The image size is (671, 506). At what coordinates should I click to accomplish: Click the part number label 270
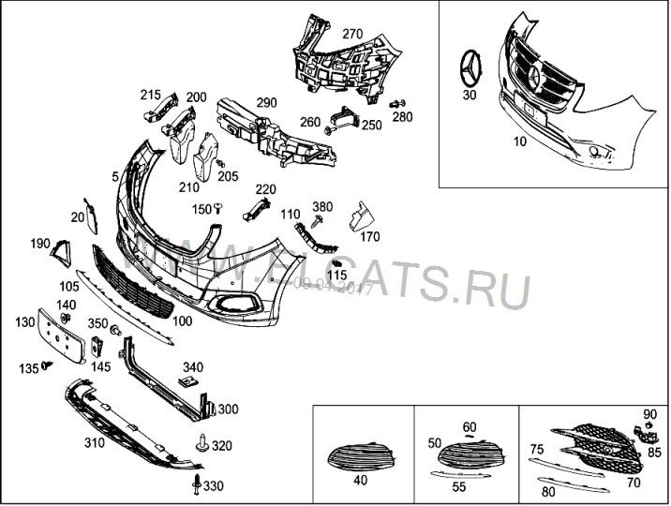point(351,34)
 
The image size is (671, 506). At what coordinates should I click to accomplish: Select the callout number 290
point(267,102)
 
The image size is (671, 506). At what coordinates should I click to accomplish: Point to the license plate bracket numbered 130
point(64,335)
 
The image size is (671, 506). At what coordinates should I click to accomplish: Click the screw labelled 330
point(195,484)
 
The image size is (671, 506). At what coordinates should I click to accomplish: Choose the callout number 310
point(94,442)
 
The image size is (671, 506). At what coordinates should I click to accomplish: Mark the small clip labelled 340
point(187,382)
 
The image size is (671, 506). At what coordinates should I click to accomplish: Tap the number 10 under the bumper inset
point(521,142)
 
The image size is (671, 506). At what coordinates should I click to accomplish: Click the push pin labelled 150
point(217,208)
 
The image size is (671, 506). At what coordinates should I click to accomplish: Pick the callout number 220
point(266,189)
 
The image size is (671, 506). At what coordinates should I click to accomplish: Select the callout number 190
point(39,244)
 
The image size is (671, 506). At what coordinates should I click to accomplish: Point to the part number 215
point(151,95)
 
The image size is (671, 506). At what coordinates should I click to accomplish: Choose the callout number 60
point(470,427)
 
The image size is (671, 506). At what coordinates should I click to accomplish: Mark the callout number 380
point(322,207)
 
